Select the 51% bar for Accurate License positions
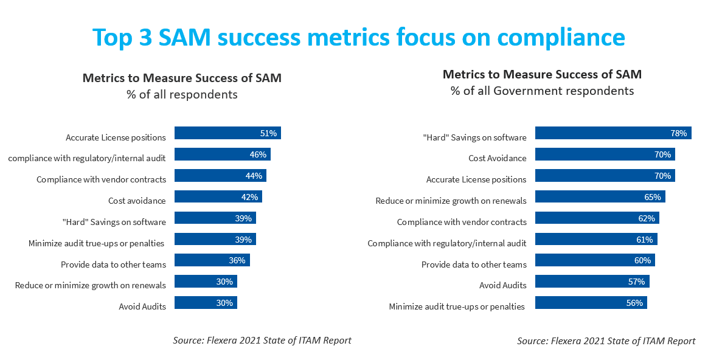pyautogui.click(x=227, y=133)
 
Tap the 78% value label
pyautogui.click(x=679, y=133)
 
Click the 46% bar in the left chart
pyautogui.click(x=222, y=154)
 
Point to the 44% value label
pyautogui.click(x=254, y=176)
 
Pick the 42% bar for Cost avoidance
pyautogui.click(x=218, y=197)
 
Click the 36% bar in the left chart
pyautogui.click(x=212, y=260)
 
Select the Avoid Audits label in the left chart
pyautogui.click(x=142, y=306)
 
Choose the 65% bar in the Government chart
pyautogui.click(x=600, y=197)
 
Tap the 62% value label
pyautogui.click(x=647, y=218)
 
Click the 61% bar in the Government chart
pyautogui.click(x=596, y=240)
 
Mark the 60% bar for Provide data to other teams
pyautogui.click(x=595, y=260)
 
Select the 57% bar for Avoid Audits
pyautogui.click(x=592, y=282)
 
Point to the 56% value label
pyautogui.click(x=635, y=303)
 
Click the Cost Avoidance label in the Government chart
pyautogui.click(x=498, y=158)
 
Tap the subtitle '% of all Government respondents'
pyautogui.click(x=542, y=91)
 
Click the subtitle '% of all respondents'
pyautogui.click(x=182, y=95)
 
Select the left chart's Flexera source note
pyautogui.click(x=262, y=341)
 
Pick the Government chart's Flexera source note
pyautogui.click(x=606, y=341)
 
